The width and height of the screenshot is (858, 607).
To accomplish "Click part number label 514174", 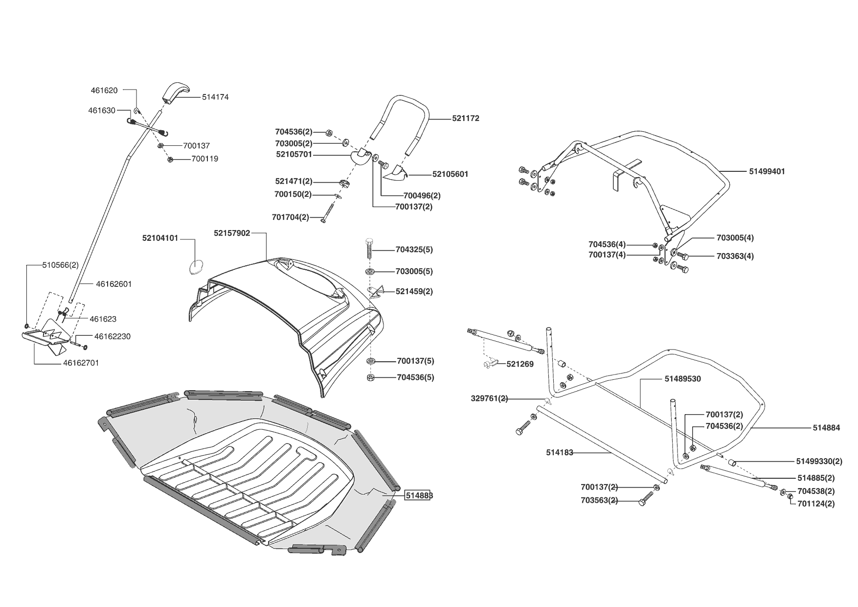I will (215, 97).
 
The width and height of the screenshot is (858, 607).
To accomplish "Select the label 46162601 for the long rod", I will (114, 284).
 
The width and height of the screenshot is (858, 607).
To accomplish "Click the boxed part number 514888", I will (419, 495).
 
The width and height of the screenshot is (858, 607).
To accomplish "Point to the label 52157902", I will (232, 233).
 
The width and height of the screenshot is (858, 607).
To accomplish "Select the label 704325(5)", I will (414, 250).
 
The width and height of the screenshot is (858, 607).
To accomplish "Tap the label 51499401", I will (767, 171).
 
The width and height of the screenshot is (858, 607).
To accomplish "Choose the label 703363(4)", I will (735, 256).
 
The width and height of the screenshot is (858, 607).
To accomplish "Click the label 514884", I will (826, 428).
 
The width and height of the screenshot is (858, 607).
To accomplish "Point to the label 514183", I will (560, 453).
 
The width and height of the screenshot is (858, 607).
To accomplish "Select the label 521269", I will (520, 364).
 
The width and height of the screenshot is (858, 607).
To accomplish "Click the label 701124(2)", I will (816, 503).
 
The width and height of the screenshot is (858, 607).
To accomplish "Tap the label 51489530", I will (682, 379).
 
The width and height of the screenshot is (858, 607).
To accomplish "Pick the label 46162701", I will (81, 363).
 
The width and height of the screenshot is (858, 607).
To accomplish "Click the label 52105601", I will (450, 174).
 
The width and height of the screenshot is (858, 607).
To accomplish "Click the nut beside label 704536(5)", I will (370, 377).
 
